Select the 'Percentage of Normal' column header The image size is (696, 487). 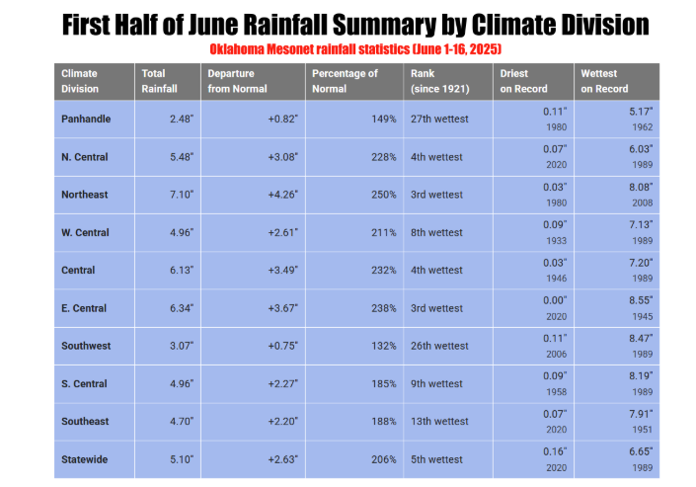click(x=345, y=81)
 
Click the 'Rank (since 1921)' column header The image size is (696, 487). click(x=440, y=81)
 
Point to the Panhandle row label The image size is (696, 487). click(x=86, y=120)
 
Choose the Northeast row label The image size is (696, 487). click(x=85, y=195)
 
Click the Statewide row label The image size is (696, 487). click(x=85, y=459)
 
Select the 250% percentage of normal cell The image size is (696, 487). click(x=384, y=195)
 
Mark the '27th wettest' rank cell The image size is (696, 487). click(x=439, y=120)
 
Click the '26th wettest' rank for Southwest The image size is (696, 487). click(x=439, y=346)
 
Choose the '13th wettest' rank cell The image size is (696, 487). click(x=439, y=422)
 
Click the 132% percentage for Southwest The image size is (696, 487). click(x=384, y=346)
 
